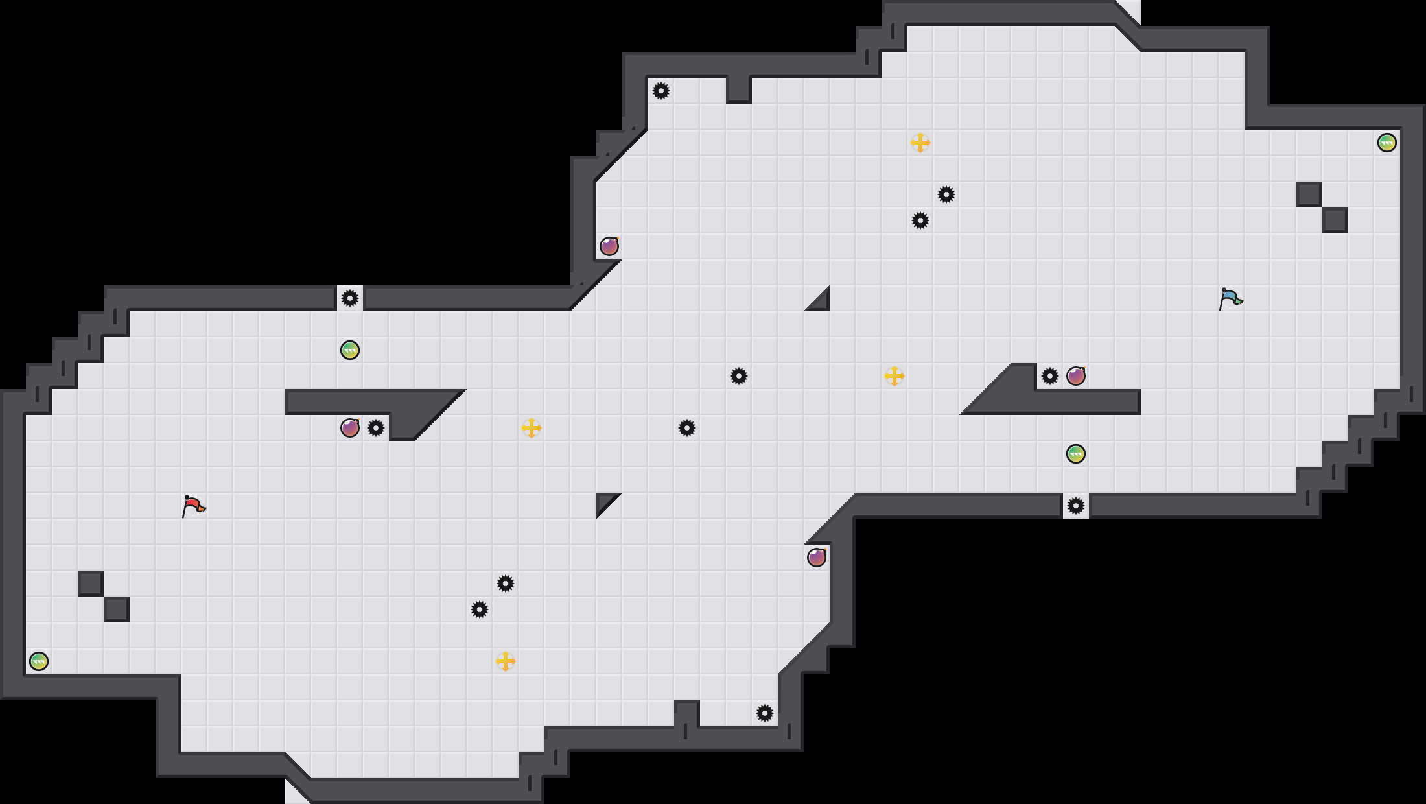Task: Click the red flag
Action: point(193,506)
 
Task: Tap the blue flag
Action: point(1230,298)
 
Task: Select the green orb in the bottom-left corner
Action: point(39,661)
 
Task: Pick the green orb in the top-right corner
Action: point(1387,143)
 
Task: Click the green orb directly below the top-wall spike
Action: point(350,350)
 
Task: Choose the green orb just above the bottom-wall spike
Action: point(1076,454)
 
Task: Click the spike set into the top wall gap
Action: point(350,298)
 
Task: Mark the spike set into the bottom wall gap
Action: point(1076,506)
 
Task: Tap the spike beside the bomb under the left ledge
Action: point(376,428)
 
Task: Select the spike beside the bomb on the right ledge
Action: point(1050,376)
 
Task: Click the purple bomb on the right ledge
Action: point(1076,376)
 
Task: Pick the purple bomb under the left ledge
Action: point(350,428)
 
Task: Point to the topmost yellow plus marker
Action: point(920,143)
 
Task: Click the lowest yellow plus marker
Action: point(506,661)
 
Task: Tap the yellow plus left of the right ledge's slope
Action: point(894,376)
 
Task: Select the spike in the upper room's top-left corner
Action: point(661,91)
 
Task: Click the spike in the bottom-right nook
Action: point(765,713)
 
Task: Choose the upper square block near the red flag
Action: point(91,584)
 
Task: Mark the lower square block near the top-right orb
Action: point(1335,220)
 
